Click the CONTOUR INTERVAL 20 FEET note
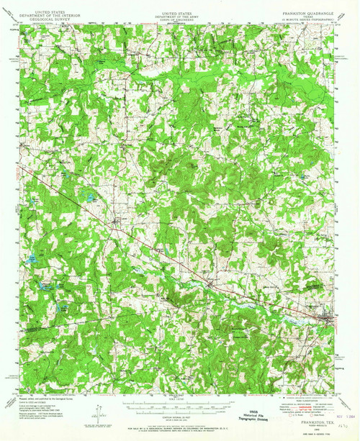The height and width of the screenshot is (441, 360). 179,410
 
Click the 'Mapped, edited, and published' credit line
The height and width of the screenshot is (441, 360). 43,396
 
